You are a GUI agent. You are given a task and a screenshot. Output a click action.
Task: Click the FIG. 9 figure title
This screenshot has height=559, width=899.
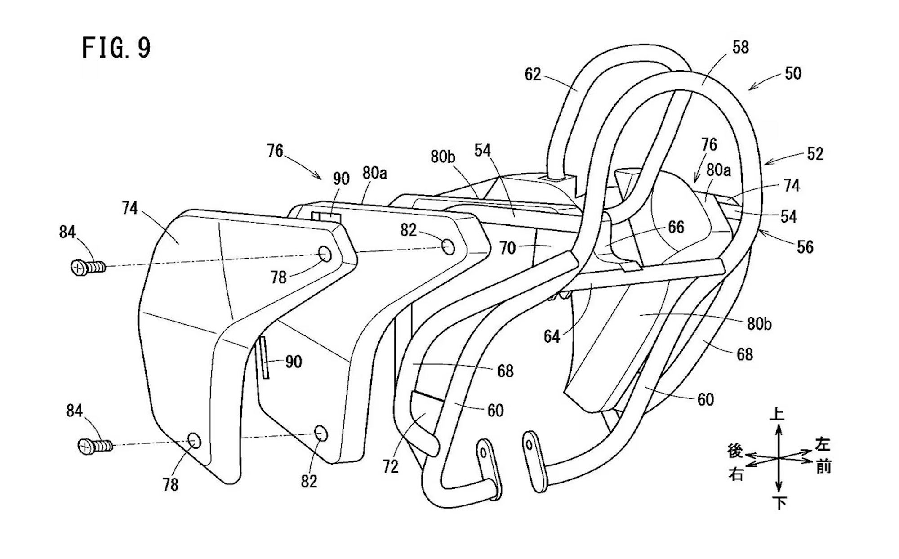116,48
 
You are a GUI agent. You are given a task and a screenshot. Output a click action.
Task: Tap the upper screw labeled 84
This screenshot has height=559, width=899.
88,268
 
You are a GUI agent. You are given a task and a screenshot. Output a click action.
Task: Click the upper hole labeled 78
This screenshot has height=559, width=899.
325,254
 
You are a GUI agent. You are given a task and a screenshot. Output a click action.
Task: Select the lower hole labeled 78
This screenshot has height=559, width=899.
194,440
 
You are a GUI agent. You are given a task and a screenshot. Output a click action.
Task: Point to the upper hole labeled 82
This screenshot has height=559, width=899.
448,247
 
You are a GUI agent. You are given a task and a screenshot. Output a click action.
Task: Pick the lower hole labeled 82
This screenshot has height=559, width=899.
321,434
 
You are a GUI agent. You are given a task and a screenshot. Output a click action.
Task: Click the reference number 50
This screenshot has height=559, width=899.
793,74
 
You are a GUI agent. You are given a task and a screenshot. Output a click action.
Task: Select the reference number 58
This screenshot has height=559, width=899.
740,48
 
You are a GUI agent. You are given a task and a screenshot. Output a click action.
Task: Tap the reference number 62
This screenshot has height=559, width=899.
533,75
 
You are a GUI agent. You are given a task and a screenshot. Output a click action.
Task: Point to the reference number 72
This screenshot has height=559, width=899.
390,467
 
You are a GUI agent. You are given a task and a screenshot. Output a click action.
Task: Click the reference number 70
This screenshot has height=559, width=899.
507,248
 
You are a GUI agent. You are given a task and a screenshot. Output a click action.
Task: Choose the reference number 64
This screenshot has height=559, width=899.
552,336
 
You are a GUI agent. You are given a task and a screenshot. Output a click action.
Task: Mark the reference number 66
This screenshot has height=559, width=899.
676,228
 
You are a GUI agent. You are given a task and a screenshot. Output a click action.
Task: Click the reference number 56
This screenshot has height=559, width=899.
805,247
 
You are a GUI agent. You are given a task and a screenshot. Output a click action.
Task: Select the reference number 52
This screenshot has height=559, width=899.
815,154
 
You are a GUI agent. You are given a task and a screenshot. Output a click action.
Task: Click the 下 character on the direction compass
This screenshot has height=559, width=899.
779,503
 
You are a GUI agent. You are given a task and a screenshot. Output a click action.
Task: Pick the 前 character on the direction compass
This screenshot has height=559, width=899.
823,467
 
